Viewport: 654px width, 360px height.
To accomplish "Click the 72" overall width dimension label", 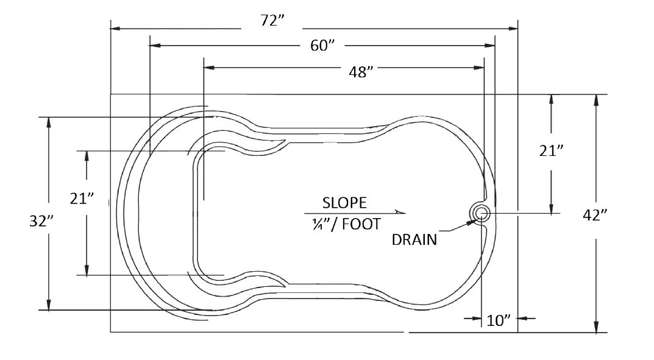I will [x=272, y=21].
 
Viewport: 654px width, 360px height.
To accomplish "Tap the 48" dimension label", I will [x=360, y=72].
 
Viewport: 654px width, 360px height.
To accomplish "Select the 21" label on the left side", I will [x=82, y=199].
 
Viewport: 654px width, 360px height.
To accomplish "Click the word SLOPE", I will [x=344, y=202].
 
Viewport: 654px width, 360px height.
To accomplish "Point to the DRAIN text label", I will [x=414, y=239].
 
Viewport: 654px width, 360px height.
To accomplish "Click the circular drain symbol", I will [x=480, y=213].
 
